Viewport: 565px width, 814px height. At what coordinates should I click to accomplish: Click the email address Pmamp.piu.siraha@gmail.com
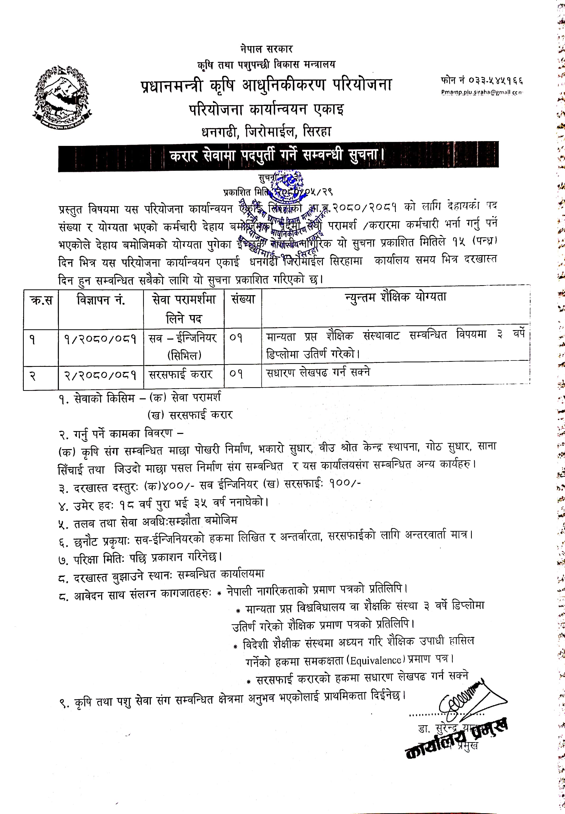[x=482, y=92]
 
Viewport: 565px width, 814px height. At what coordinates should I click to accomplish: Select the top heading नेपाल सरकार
[x=266, y=49]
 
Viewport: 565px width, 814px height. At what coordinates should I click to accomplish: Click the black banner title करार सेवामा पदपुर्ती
[x=277, y=155]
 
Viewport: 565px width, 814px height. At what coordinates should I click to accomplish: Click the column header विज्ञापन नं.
[x=101, y=300]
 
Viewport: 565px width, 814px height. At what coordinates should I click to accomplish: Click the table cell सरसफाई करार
[x=181, y=374]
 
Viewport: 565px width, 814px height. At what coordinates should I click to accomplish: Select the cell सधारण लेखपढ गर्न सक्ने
[x=318, y=372]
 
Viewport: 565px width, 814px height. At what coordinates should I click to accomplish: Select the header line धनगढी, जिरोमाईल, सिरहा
[x=266, y=132]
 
